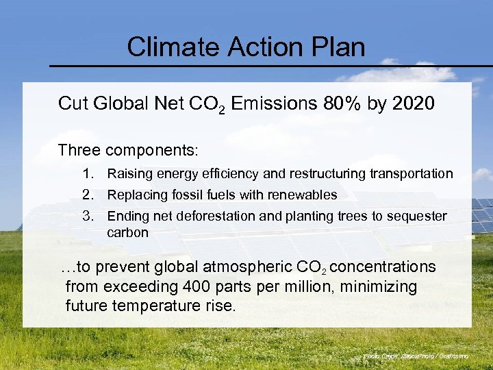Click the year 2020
(x=412, y=103)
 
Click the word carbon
(x=127, y=233)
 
